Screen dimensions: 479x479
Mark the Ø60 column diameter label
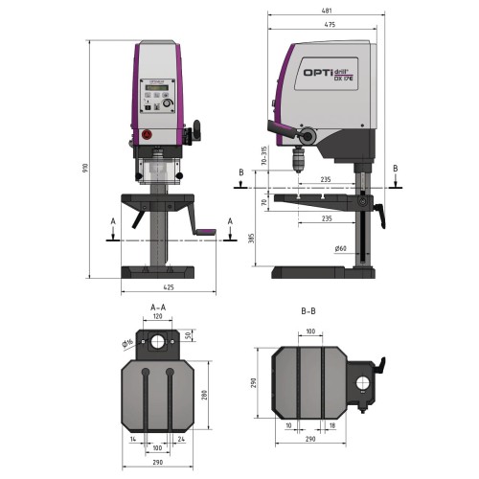tap(341, 249)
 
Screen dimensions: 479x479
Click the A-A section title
tap(160, 308)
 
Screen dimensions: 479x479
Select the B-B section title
tap(308, 310)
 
